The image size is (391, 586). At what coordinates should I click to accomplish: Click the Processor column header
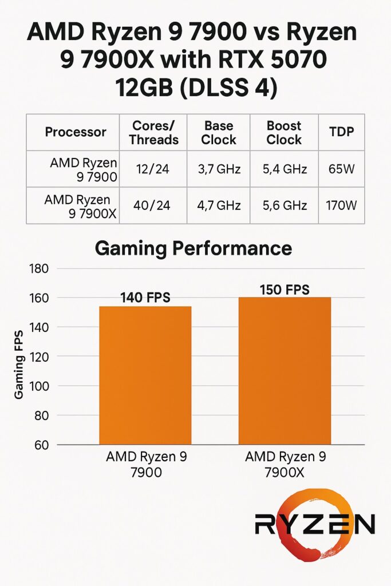coord(76,132)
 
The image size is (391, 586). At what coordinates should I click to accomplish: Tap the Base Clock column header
coord(219,133)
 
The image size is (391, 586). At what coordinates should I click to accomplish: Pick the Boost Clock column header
coord(284,133)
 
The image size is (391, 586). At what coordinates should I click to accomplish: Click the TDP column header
coord(342,132)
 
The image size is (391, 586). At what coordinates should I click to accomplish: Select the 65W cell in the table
coord(342,169)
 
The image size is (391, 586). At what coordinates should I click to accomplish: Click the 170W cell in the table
coord(342,205)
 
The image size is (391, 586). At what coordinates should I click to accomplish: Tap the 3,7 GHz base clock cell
coord(219,169)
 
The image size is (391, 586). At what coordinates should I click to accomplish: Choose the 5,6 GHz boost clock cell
coord(284,205)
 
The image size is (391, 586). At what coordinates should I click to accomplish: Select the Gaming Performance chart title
coord(193,248)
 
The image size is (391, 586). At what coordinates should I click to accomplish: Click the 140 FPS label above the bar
coord(145,298)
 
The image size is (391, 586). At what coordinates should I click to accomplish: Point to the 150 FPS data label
coord(285,290)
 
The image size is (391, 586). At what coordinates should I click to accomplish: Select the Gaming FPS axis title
coord(19,364)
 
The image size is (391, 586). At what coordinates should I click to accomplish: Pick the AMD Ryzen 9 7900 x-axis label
coord(146,465)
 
